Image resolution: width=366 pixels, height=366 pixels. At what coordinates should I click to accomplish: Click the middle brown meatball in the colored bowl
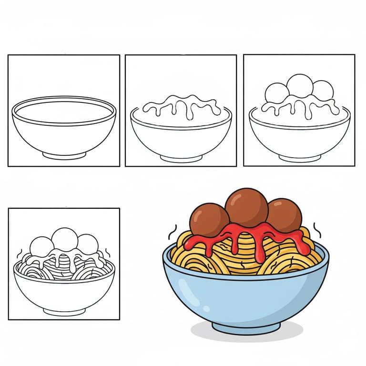pos(246,207)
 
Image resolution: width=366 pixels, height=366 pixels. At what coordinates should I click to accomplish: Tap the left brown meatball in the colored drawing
pos(208,219)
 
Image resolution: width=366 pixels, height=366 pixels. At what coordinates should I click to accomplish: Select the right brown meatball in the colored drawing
pos(285,215)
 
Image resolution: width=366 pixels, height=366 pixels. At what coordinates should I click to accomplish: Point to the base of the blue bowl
pos(246,327)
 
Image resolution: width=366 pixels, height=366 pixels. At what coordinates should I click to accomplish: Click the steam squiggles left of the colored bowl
pos(172,232)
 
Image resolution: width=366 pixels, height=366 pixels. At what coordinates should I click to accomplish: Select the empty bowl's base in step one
pos(64,155)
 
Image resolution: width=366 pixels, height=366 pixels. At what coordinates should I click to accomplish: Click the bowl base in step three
pos(300,157)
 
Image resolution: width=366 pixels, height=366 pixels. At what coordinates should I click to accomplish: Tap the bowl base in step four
pos(64,311)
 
